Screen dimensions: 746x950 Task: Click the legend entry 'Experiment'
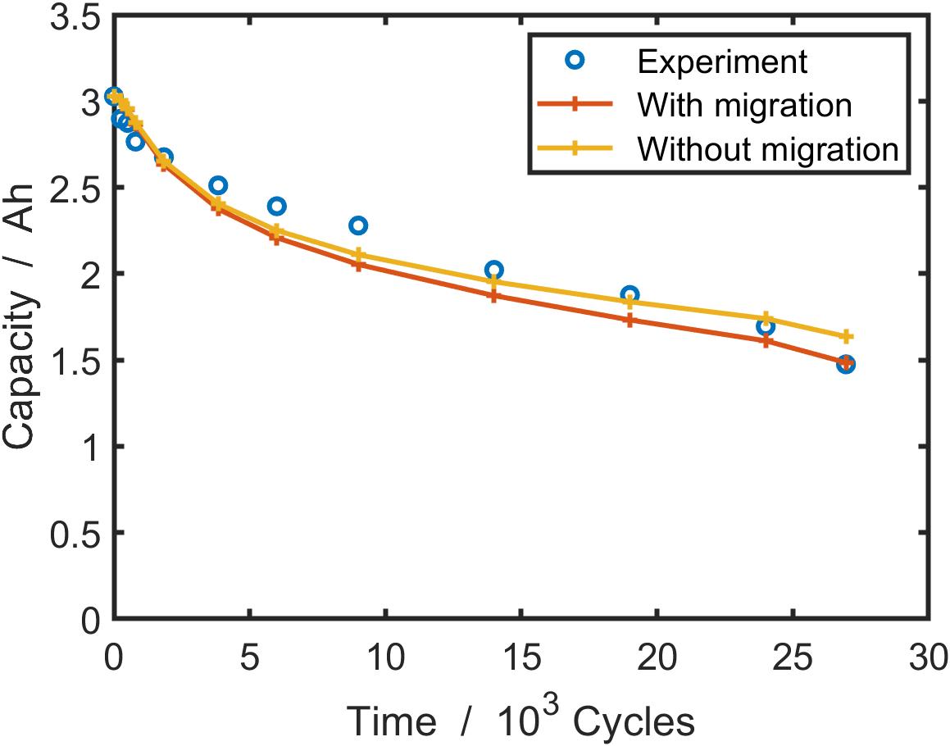point(722,61)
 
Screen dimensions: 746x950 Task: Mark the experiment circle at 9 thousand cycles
point(357,225)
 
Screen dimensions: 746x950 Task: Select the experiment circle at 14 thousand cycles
point(493,270)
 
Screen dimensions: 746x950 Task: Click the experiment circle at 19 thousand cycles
point(630,295)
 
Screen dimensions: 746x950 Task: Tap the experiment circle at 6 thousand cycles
point(276,206)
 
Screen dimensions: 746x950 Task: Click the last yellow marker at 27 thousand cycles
point(846,337)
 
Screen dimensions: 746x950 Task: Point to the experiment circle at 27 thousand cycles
point(846,364)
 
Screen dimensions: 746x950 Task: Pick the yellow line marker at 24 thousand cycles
point(766,317)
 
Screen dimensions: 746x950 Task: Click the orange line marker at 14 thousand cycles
point(493,296)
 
